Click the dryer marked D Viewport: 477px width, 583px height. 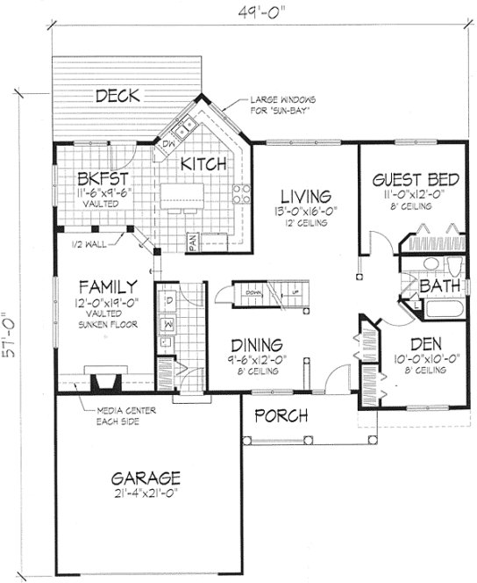[168, 302]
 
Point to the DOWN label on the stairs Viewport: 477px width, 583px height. [253, 291]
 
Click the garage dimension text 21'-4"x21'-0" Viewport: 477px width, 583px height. [147, 497]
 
